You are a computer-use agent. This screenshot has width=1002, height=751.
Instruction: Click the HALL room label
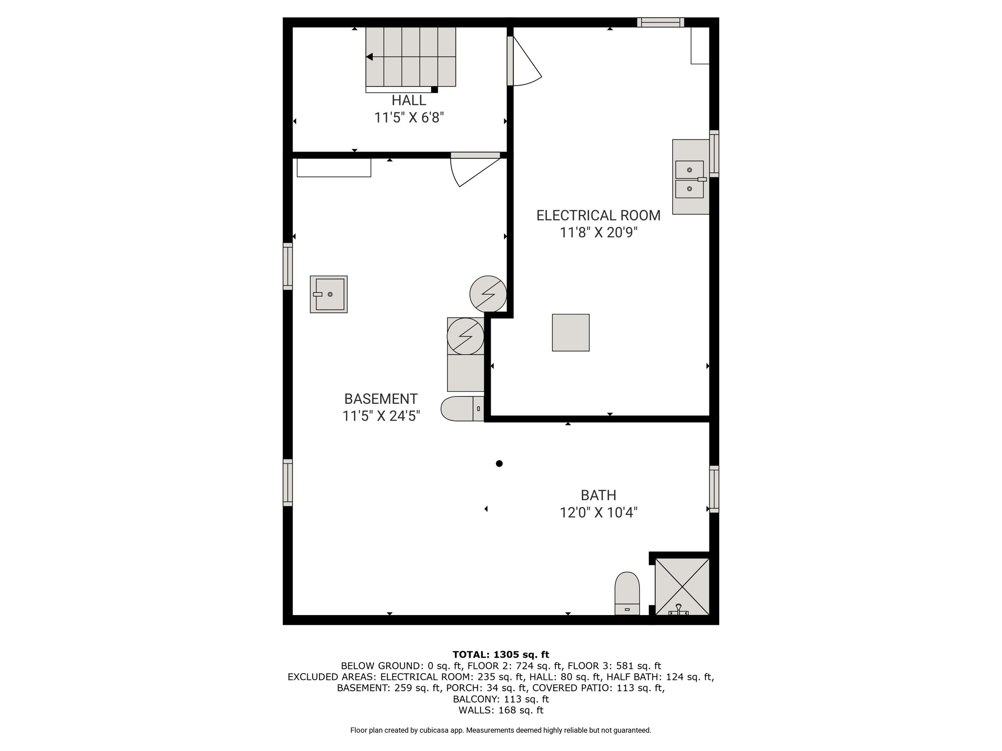click(409, 100)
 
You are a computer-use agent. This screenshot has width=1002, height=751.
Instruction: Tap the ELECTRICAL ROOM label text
click(598, 215)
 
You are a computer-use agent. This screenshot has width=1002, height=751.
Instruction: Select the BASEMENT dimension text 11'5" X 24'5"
click(381, 416)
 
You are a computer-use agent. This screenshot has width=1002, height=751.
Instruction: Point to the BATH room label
click(598, 495)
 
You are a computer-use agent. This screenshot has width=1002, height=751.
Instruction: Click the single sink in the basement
click(329, 294)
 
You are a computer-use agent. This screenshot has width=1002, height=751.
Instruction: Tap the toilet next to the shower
click(627, 594)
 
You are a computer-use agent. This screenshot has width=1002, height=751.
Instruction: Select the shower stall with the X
click(682, 586)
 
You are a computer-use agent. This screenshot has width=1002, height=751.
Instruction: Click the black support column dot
click(499, 464)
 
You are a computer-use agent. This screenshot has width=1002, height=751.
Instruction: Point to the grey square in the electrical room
click(570, 332)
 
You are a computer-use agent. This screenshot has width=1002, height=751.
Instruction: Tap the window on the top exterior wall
click(660, 22)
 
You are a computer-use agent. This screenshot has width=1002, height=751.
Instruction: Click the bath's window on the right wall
click(714, 489)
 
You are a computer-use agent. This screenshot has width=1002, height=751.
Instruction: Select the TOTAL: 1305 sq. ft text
click(501, 655)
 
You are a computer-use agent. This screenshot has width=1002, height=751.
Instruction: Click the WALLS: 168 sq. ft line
click(501, 710)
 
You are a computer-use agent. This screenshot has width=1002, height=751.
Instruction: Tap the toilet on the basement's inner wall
click(462, 409)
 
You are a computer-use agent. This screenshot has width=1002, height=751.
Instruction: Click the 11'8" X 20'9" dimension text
click(598, 233)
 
